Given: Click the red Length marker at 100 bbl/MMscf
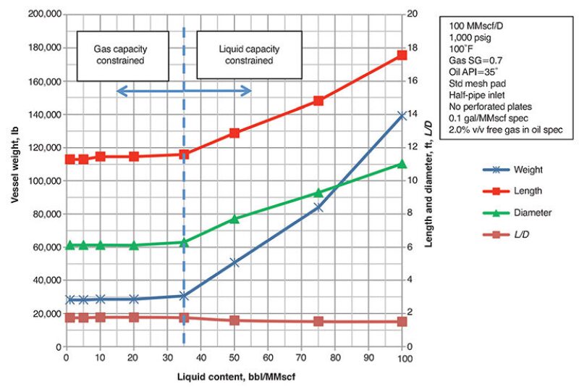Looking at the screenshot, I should click(x=402, y=55).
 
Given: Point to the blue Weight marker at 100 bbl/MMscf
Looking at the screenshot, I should click(x=402, y=115).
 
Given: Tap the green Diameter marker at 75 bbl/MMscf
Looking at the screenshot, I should click(x=318, y=193).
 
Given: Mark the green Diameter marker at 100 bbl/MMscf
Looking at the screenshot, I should click(x=402, y=165).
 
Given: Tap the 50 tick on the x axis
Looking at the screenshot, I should click(x=234, y=357).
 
